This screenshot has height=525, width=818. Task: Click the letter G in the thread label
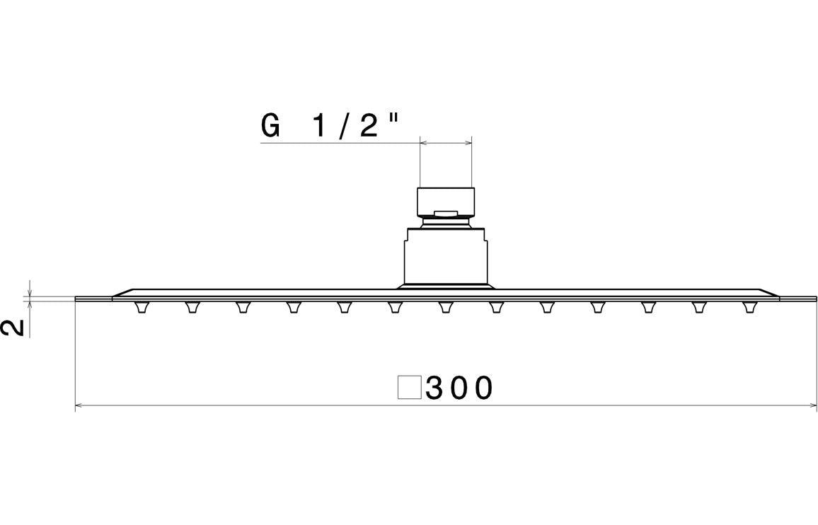[x=270, y=126]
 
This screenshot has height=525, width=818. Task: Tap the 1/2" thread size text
[x=355, y=126]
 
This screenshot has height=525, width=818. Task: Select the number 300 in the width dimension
[x=459, y=388]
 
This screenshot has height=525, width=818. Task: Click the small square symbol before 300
[x=409, y=388]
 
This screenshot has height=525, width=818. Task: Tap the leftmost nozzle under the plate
[x=142, y=307]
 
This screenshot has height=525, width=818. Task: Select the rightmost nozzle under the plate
[x=749, y=307]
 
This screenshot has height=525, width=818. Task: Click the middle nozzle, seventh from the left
[x=446, y=307]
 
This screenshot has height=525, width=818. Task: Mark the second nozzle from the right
[x=699, y=307]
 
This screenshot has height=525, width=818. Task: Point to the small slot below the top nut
[x=446, y=212]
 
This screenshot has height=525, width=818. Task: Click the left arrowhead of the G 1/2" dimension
[x=423, y=143]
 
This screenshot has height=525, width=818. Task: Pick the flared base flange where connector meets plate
[x=446, y=286]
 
